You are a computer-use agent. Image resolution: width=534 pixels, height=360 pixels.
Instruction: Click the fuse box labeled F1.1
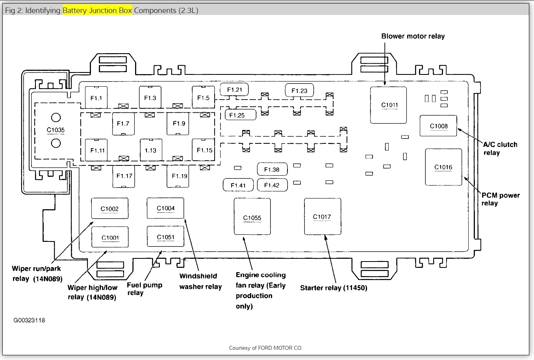(96, 98)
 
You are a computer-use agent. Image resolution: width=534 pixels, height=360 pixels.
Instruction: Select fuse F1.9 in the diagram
(179, 124)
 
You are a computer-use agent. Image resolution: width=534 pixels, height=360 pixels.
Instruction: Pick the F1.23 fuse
(299, 91)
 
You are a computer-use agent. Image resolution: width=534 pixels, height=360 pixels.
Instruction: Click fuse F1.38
(272, 169)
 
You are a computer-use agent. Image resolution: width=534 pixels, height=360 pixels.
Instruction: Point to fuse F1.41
(238, 185)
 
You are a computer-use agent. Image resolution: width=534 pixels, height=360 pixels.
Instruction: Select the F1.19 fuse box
(179, 176)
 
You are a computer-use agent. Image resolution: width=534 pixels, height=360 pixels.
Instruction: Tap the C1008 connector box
(438, 126)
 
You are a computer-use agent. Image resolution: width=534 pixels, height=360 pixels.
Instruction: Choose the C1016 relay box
(443, 167)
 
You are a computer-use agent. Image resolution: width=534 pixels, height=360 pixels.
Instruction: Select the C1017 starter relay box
(322, 217)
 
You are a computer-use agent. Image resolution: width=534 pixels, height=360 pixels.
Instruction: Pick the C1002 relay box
(109, 208)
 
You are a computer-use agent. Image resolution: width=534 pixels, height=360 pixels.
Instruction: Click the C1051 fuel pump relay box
(165, 237)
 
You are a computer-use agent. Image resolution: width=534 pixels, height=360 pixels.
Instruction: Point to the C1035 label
(56, 130)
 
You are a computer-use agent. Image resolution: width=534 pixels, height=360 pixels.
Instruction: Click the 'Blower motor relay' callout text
(413, 36)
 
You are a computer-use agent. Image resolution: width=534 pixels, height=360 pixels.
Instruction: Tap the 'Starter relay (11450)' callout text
(334, 288)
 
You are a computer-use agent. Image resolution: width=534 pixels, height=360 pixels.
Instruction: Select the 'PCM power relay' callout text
(500, 199)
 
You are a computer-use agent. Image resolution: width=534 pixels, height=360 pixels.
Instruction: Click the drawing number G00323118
(29, 320)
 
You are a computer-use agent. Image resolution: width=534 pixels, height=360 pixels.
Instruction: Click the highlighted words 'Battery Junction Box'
(97, 10)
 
